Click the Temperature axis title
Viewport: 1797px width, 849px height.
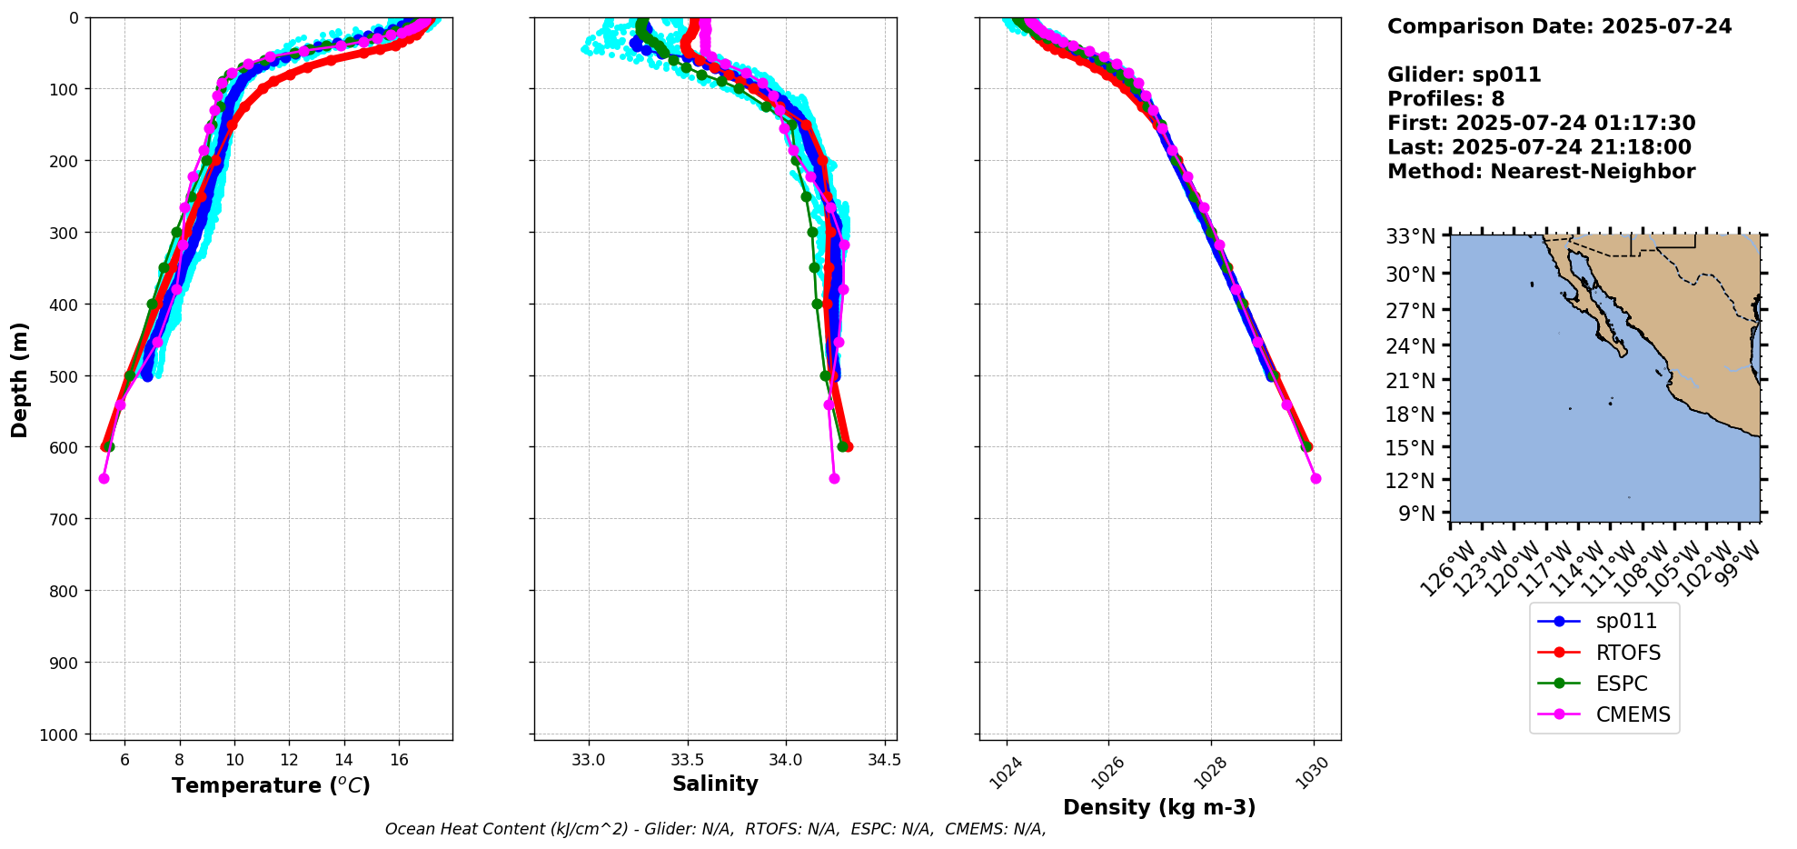[x=271, y=785]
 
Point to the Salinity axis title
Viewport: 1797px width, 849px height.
[x=715, y=784]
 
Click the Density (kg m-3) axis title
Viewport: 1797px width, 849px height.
[x=1159, y=807]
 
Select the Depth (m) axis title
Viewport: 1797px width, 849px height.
[x=20, y=379]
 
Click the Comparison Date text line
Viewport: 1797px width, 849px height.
[x=1559, y=26]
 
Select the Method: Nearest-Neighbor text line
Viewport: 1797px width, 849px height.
[x=1541, y=172]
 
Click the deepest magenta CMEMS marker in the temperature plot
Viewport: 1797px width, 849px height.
[x=104, y=478]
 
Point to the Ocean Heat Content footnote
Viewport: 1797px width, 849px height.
[x=715, y=829]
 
